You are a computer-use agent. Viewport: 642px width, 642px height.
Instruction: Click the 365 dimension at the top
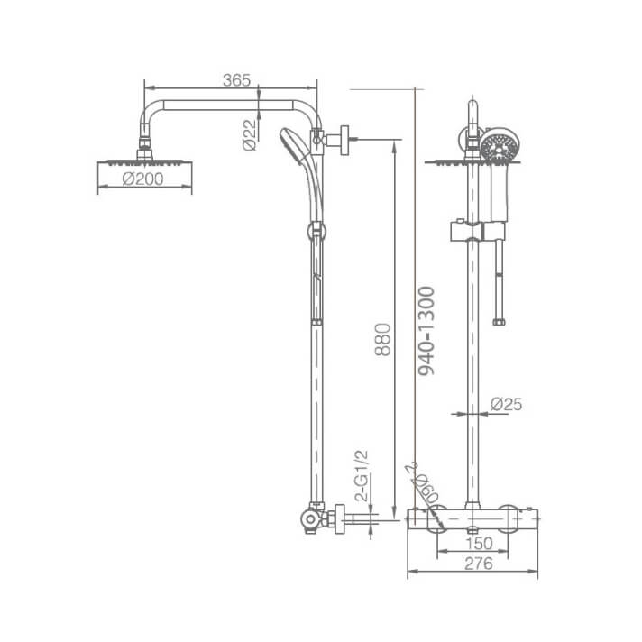tap(235, 80)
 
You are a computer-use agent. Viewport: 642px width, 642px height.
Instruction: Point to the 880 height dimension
tap(381, 338)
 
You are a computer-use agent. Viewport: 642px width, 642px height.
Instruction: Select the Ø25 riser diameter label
tap(507, 406)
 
